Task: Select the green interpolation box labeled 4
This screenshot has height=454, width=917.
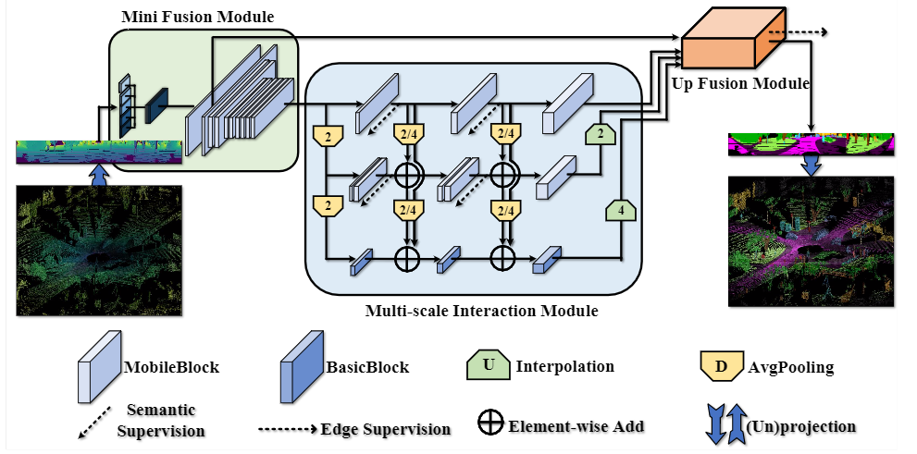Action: pyautogui.click(x=620, y=211)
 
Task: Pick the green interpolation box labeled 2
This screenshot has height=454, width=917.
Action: pyautogui.click(x=599, y=135)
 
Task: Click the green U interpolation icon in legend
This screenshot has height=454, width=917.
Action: pyautogui.click(x=488, y=366)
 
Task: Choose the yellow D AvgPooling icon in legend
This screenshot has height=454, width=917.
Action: pyautogui.click(x=721, y=367)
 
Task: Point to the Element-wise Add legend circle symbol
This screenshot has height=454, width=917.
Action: pyautogui.click(x=490, y=425)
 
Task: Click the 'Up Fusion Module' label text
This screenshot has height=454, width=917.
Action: pyautogui.click(x=741, y=83)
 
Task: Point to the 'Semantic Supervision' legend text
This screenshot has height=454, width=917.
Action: pyautogui.click(x=161, y=420)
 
